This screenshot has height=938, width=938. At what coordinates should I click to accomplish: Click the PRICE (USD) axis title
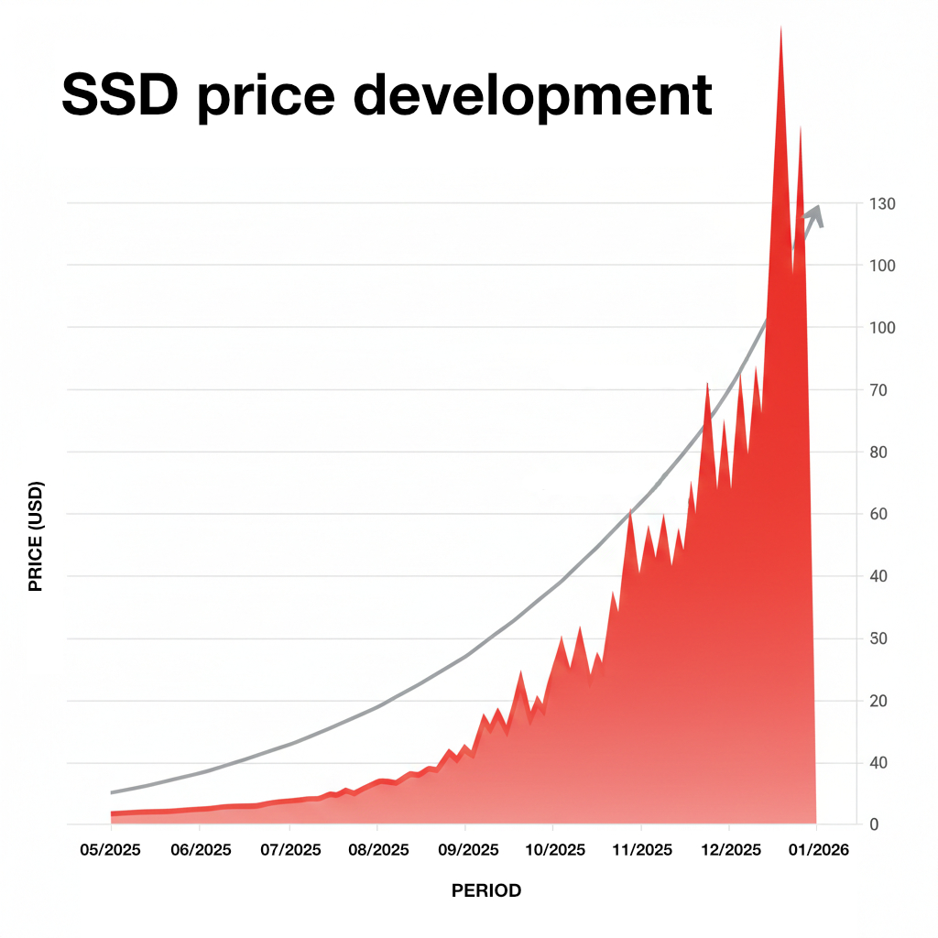(37, 537)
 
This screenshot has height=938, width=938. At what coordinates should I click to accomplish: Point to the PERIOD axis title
(486, 890)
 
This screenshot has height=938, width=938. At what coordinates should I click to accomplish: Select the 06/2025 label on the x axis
(200, 850)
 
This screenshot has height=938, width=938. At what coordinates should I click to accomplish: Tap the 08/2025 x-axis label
(377, 850)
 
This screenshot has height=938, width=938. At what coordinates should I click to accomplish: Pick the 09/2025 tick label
(465, 850)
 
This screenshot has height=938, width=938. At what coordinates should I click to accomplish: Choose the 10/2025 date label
(553, 850)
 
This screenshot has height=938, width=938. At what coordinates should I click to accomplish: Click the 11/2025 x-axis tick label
(641, 850)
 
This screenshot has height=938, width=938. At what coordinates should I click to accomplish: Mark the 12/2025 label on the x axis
(729, 850)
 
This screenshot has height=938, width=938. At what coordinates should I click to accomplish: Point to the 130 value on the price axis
(881, 203)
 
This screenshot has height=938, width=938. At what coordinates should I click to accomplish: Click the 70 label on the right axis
(878, 390)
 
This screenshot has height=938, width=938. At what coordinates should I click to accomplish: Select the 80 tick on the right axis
(878, 453)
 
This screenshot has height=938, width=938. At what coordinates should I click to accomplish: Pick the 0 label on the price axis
(874, 825)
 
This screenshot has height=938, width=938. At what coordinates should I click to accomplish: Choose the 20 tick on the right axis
(878, 701)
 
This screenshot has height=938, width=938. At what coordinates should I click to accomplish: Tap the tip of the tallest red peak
(780, 27)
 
